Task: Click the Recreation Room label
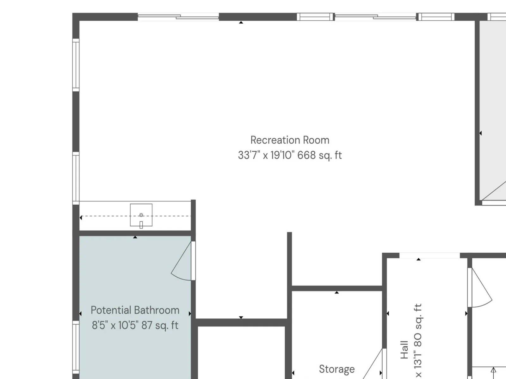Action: pyautogui.click(x=290, y=140)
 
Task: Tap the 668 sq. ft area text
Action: pyautogui.click(x=319, y=155)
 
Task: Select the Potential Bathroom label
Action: pyautogui.click(x=135, y=310)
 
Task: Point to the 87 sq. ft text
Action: pyautogui.click(x=160, y=325)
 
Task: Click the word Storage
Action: pyautogui.click(x=336, y=370)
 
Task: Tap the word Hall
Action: pyautogui.click(x=404, y=350)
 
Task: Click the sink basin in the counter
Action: pyautogui.click(x=141, y=215)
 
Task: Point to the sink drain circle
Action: pyautogui.click(x=141, y=215)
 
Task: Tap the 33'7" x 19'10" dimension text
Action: pyautogui.click(x=266, y=155)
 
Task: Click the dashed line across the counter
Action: pyautogui.click(x=136, y=216)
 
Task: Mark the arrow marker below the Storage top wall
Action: pyautogui.click(x=337, y=292)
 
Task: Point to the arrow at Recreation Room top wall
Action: pyautogui.click(x=241, y=22)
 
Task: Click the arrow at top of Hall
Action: pyautogui.click(x=419, y=259)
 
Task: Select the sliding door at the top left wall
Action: pyautogui.click(x=178, y=17)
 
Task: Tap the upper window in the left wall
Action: pyautogui.click(x=76, y=65)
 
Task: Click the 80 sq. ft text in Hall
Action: pyautogui.click(x=418, y=325)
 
